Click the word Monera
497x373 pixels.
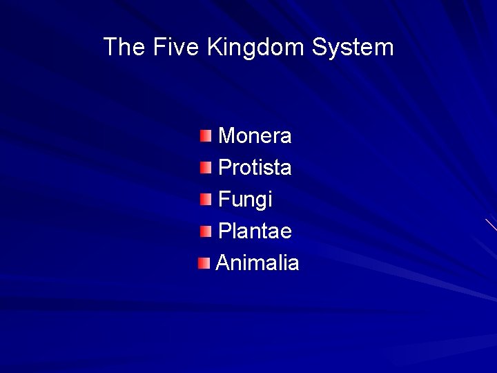255,136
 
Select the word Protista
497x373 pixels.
255,168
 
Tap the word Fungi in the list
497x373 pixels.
245,200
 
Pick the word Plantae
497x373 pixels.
255,231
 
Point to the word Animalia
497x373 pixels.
257,263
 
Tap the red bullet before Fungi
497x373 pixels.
206,200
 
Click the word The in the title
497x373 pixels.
123,48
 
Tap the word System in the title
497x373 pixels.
353,48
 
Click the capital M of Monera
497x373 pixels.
227,136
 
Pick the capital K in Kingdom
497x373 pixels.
214,48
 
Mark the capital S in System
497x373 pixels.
319,48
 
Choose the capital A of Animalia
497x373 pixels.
224,263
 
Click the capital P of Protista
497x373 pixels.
225,168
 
